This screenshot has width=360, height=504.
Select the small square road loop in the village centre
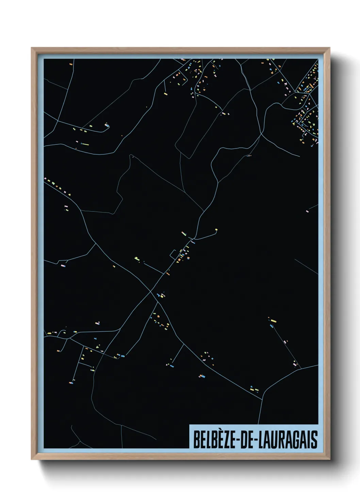(x=174, y=254)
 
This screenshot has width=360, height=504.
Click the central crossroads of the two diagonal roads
(x=151, y=292)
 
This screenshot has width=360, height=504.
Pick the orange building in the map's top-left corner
(x=71, y=64)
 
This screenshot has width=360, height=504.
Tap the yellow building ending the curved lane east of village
(x=216, y=230)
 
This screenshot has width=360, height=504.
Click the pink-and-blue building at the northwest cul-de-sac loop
(x=108, y=126)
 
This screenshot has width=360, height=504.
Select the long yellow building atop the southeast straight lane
(x=273, y=320)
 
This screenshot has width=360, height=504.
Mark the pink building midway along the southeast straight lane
(x=285, y=341)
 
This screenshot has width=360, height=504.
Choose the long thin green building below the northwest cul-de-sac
(x=85, y=144)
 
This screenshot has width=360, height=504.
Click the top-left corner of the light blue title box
(x=189, y=425)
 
